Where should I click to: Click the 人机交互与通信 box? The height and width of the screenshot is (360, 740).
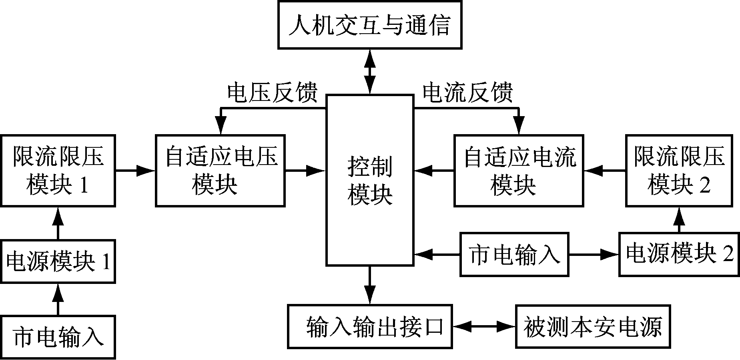coord(369,25)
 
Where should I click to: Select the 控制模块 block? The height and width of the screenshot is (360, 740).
coord(370,180)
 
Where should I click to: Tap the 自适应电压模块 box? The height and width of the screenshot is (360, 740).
coord(220,171)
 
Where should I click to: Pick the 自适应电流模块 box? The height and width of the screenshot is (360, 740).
coord(518,171)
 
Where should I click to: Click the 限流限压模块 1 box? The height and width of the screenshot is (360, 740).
coord(58,171)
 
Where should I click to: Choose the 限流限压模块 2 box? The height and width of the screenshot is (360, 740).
coord(679,171)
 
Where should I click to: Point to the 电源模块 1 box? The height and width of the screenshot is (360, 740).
coord(58,261)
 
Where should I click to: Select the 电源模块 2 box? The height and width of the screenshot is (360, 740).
coord(679,254)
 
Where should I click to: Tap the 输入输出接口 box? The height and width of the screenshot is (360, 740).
coord(370,326)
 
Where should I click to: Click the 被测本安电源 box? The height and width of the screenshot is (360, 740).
coord(593,326)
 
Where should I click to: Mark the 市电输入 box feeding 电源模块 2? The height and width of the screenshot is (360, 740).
coord(514,254)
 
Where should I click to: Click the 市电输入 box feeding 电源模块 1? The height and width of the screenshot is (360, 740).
coord(58,336)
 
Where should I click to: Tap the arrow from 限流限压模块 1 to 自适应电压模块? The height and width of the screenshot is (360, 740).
coord(135,171)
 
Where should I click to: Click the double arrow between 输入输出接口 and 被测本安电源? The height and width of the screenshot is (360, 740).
coord(484,326)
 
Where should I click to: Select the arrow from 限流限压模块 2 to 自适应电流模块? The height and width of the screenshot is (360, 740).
coord(605,171)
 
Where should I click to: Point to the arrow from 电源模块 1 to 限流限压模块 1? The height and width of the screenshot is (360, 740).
coord(58,223)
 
